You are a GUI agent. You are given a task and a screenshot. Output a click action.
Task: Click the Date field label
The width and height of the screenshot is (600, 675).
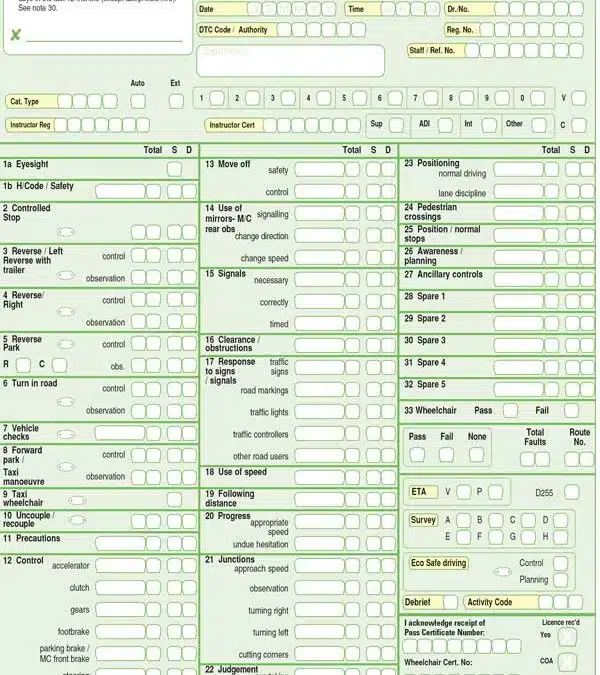[207, 9]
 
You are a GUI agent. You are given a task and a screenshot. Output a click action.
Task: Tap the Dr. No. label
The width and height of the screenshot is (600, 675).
[458, 9]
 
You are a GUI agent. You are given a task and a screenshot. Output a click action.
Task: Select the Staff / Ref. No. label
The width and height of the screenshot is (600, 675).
[432, 50]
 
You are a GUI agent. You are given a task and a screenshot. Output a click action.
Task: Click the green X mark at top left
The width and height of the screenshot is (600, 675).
[15, 36]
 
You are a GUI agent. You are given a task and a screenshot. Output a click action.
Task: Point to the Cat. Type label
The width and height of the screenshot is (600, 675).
[24, 101]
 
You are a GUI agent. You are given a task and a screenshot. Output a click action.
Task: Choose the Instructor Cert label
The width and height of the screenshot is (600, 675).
[232, 125]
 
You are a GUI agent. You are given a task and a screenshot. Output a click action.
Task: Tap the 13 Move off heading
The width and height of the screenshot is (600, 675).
[228, 164]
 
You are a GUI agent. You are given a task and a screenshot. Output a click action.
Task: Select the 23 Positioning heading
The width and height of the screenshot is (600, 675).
[432, 163]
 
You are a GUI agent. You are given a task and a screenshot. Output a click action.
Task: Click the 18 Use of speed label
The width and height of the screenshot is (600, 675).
[236, 472]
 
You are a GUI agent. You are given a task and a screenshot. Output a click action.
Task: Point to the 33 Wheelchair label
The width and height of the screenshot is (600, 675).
[430, 410]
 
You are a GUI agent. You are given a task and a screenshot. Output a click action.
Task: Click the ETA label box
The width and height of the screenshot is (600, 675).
[419, 492]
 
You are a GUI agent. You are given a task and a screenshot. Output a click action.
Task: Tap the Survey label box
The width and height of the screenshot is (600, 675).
[423, 520]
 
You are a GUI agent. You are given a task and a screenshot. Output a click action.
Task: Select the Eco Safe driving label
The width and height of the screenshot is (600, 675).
[439, 563]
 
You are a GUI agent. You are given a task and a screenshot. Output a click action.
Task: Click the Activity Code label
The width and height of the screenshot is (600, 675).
[489, 602]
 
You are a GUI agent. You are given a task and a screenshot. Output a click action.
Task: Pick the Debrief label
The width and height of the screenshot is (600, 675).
[418, 602]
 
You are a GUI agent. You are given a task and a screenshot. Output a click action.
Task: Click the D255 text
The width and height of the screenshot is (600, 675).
[544, 493]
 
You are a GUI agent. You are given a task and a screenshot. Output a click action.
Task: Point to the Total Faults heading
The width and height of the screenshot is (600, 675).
[536, 437]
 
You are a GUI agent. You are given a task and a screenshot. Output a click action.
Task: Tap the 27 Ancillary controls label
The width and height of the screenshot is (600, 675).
[443, 274]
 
